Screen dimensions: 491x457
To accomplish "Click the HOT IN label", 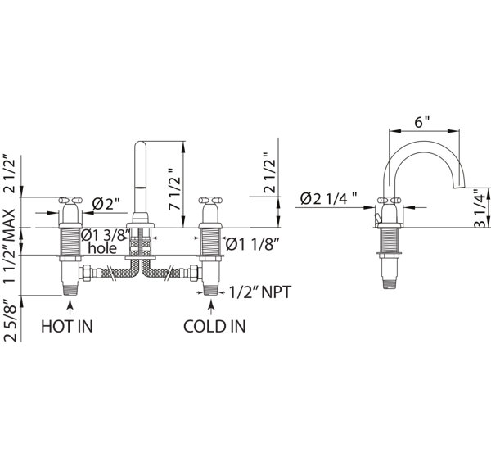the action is click(67, 326).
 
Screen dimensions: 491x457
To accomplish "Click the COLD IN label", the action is click(214, 326).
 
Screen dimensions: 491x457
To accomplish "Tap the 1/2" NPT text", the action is click(260, 292).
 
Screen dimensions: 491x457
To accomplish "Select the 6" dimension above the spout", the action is click(422, 122).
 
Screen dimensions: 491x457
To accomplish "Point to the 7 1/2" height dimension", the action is click(175, 188).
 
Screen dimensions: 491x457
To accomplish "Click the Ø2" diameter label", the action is click(106, 205).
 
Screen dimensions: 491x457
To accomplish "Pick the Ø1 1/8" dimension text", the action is click(252, 244).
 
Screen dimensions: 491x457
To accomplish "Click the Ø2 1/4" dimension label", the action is click(328, 198).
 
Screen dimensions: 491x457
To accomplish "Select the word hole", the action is click(102, 248).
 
